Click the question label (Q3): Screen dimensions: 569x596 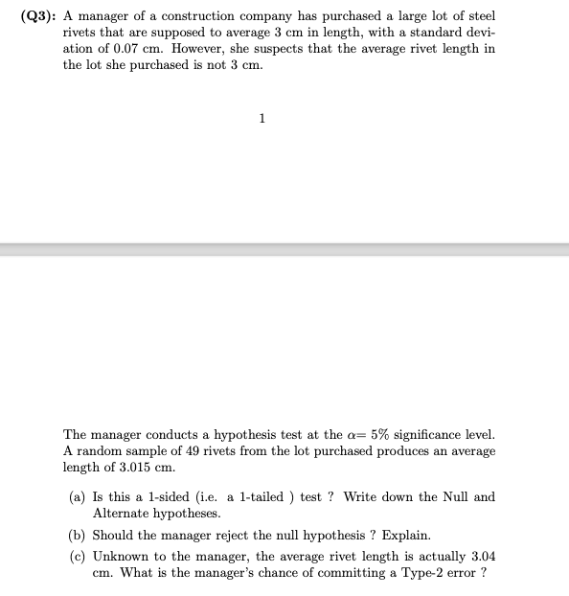point(39,17)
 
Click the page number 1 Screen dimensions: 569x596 point(262,118)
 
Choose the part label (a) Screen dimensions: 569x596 point(77,497)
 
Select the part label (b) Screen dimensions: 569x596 point(77,535)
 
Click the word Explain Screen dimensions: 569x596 point(405,535)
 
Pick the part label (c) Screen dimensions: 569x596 point(77,557)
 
